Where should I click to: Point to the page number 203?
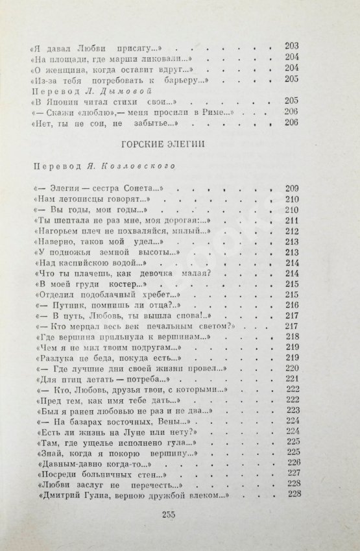click(291, 45)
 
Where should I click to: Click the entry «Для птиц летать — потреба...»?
click(95, 378)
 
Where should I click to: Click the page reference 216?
click(291, 304)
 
